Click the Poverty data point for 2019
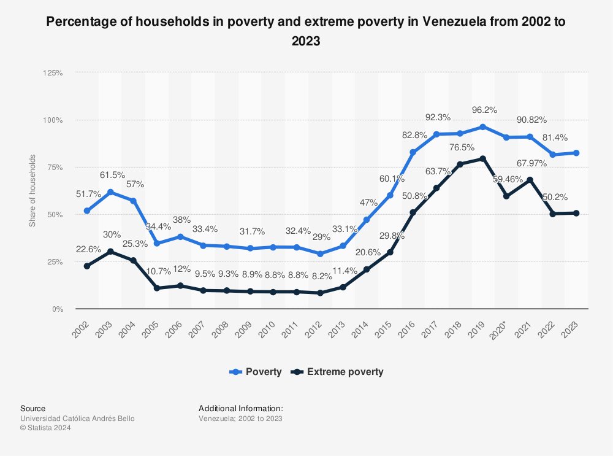point(483,127)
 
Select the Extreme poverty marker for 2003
point(110,252)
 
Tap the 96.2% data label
point(483,112)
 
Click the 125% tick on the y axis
point(53,72)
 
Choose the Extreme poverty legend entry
point(338,371)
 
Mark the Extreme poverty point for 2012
point(320,293)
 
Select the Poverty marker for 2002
point(87,211)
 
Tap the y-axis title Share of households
point(32,191)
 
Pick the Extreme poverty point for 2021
point(530,180)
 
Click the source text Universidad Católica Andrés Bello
point(77,419)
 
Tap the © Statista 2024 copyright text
point(46,428)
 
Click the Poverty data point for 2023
point(576,153)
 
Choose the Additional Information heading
point(241,408)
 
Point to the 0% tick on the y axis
point(56,309)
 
